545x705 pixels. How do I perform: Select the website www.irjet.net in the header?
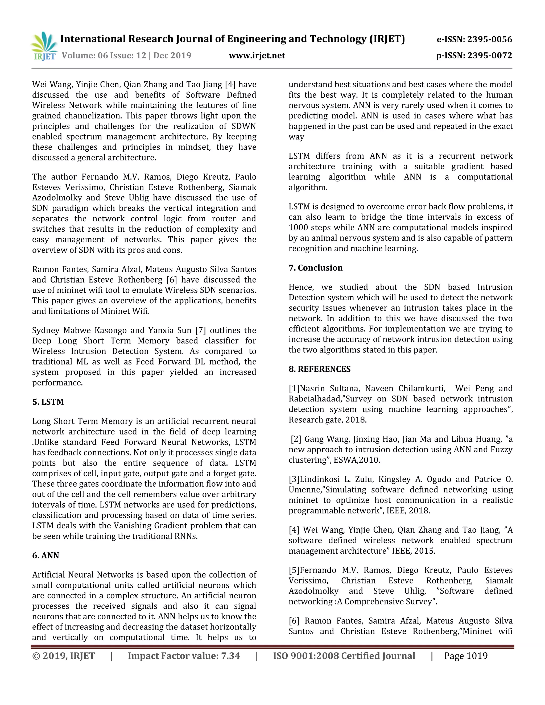coord(257,56)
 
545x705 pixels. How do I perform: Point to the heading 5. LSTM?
coord(48,402)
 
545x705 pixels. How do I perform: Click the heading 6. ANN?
coord(46,555)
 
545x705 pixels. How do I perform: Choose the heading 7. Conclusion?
coord(315,268)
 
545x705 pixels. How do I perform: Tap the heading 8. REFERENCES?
coord(319,369)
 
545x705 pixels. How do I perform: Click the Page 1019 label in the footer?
coord(466,656)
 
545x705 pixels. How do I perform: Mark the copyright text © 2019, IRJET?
coord(63,656)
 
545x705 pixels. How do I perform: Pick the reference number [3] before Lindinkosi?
coord(294,479)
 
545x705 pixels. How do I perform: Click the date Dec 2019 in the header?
coord(172,56)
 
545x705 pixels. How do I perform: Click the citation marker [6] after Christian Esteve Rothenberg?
coord(171,280)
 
